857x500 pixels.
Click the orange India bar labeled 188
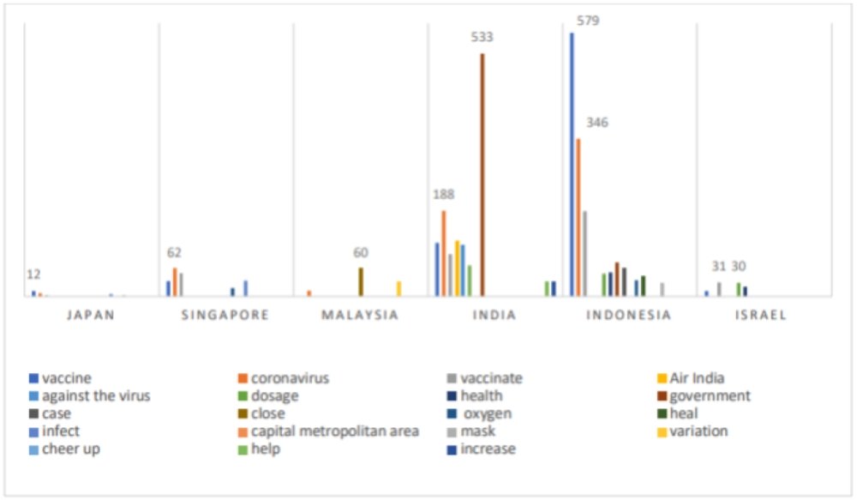pos(444,253)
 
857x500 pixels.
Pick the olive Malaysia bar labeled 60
pos(361,281)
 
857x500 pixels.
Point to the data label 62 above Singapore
pos(174,253)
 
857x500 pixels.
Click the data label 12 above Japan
pos(33,274)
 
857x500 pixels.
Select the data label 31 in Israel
pos(718,266)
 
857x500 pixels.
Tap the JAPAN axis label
pos(91,315)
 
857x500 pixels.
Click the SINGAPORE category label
pos(225,315)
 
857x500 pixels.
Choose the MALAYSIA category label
pos(360,315)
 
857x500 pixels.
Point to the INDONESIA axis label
pos(628,315)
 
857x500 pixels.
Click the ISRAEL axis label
pos(761,315)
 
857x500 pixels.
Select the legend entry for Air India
pos(696,378)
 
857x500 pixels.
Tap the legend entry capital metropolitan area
pos(334,431)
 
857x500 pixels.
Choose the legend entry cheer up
pos(69,449)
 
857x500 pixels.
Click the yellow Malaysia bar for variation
pos(399,288)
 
